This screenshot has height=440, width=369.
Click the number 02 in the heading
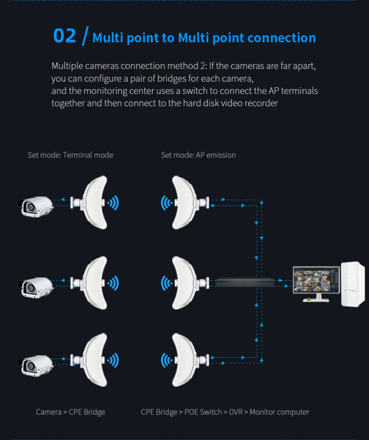tap(64, 36)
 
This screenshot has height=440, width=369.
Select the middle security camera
tap(35, 286)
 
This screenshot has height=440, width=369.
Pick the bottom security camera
tap(35, 364)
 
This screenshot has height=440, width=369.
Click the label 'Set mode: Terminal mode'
tap(70, 155)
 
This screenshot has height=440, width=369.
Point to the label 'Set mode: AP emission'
tap(198, 155)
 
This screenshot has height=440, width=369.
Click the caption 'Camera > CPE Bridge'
tap(70, 412)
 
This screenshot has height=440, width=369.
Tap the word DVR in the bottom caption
tap(236, 412)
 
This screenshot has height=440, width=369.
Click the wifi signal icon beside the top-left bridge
tap(114, 202)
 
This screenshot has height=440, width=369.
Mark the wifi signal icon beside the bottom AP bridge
tap(166, 361)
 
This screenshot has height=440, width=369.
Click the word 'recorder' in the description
tap(261, 103)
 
